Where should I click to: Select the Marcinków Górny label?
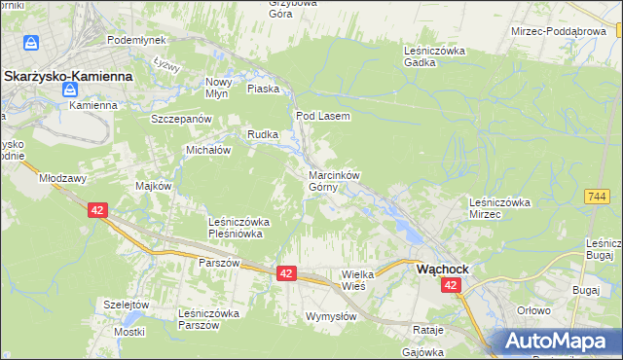tap(334, 182)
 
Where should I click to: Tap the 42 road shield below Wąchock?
tap(450, 285)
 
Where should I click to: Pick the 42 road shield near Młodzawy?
tap(96, 210)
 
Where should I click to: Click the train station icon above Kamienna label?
tap(71, 90)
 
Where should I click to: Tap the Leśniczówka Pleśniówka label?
tap(239, 228)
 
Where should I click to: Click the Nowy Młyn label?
tap(217, 89)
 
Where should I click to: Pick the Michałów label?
tap(207, 151)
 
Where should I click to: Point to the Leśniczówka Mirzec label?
tap(497, 207)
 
